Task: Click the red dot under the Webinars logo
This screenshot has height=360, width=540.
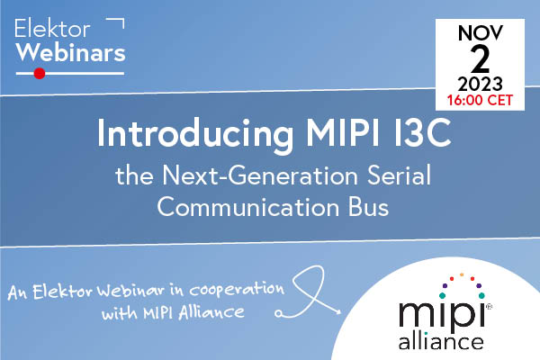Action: pos(39,74)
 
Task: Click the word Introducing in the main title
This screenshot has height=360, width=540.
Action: pos(176,135)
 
